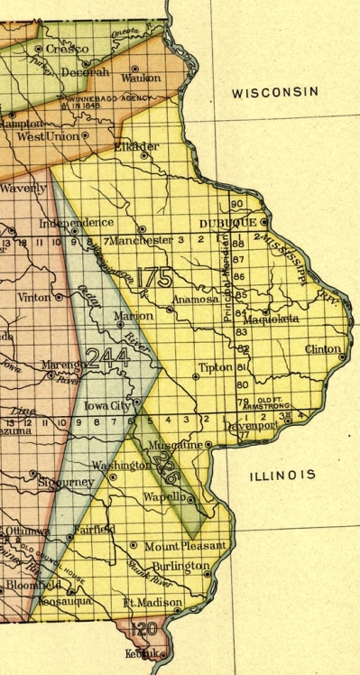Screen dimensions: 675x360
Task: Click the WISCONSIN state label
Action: pos(274,92)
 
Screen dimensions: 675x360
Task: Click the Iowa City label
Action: pos(108,406)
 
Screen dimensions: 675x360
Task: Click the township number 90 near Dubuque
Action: pos(237,204)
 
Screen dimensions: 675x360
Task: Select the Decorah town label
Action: pos(89,71)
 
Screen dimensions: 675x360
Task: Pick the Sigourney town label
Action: pos(65,483)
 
